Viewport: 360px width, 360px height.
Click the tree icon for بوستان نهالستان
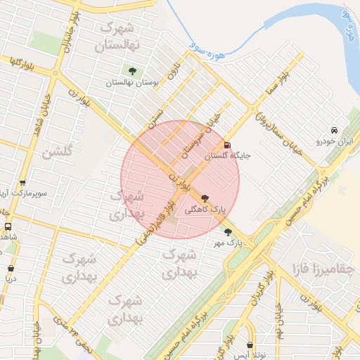pyautogui.click(x=132, y=70)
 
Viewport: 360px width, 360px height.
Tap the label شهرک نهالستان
pyautogui.click(x=121, y=36)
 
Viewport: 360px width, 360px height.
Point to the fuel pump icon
pyautogui.click(x=226, y=146)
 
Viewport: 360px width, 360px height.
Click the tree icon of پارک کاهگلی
pyautogui.click(x=205, y=198)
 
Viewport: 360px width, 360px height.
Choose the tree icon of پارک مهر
pyautogui.click(x=228, y=231)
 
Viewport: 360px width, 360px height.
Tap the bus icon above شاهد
pyautogui.click(x=8, y=226)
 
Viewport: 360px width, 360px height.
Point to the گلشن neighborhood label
pyautogui.click(x=58, y=152)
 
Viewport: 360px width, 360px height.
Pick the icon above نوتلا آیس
pyautogui.click(x=252, y=345)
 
